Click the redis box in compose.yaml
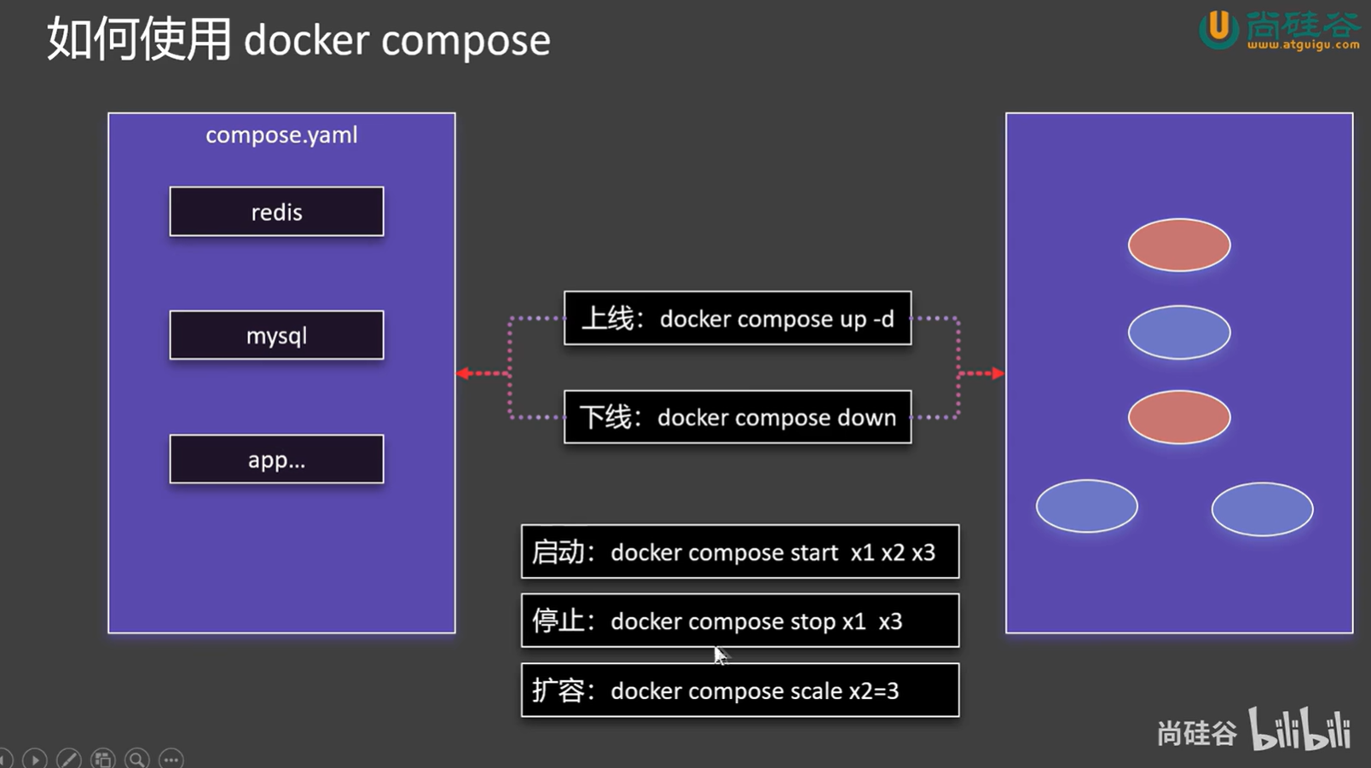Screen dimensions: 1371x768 click(276, 211)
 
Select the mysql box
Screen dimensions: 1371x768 click(276, 335)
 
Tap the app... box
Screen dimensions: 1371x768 click(276, 459)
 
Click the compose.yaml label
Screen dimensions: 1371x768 click(281, 136)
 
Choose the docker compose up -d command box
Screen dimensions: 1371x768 click(738, 318)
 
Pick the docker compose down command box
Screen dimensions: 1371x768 click(738, 417)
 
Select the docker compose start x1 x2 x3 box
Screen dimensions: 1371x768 click(740, 551)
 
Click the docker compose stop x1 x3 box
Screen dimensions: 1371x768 click(740, 621)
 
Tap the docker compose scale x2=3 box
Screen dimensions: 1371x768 click(740, 690)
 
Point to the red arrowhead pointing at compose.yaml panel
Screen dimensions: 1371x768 click(463, 373)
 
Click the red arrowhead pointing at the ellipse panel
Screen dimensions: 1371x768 click(998, 373)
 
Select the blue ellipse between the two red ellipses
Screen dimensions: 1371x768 click(1179, 332)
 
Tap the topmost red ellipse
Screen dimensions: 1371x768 click(1179, 245)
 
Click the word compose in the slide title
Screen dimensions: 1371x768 click(466, 42)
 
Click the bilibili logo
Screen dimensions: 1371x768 click(1299, 729)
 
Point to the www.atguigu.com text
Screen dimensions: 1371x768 click(1303, 44)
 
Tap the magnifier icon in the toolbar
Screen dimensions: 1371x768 click(137, 759)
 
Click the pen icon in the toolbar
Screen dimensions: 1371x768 click(68, 759)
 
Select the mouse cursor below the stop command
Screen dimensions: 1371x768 click(720, 655)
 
